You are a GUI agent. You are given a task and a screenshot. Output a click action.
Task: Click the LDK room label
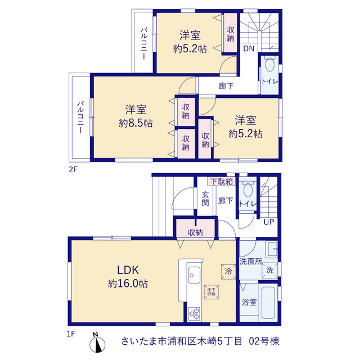coord(128,270)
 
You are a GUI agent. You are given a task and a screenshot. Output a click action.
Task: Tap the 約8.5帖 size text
coord(136,123)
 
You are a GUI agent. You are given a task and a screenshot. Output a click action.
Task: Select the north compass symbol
coord(97,343)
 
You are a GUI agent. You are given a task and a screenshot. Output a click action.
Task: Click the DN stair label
coord(249,48)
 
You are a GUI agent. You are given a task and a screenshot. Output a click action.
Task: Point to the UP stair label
coord(269,222)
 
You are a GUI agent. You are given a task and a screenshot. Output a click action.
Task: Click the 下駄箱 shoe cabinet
coord(222,182)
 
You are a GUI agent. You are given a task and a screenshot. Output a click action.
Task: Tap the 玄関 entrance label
coord(205,199)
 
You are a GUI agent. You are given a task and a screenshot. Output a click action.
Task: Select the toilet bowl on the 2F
coord(270,64)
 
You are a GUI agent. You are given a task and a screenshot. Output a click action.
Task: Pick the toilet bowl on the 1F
coord(248,190)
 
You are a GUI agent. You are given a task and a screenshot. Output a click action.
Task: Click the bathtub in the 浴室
coord(268,303)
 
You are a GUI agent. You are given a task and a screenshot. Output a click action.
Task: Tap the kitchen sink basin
coord(194,275)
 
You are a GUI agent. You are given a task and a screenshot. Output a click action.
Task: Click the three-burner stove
coord(194,314)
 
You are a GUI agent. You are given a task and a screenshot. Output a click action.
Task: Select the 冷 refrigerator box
coord(228,272)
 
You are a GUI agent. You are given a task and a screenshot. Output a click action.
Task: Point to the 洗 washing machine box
coord(270,271)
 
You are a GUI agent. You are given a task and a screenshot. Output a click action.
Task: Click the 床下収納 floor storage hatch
coord(211,292)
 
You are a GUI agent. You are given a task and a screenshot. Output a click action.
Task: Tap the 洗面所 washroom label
coord(251,261)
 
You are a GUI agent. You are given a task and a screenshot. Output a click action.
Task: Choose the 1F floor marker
coord(71,334)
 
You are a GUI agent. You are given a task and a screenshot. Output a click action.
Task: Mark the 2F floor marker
coord(73,169)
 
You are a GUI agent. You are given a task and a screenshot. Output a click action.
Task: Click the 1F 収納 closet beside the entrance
coord(195,228)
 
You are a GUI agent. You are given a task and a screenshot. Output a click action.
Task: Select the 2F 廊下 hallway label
coord(226,86)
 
